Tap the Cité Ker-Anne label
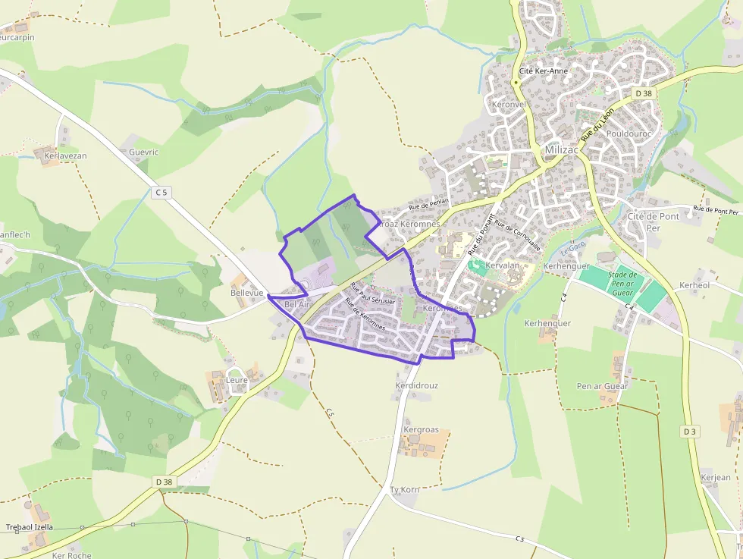click(x=543, y=71)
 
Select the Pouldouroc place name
click(x=629, y=133)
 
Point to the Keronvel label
click(x=508, y=104)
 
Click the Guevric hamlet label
click(x=143, y=152)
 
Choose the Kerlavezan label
click(x=65, y=155)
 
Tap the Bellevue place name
click(x=246, y=293)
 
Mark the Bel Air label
click(x=298, y=304)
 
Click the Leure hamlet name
click(x=237, y=380)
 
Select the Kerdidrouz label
click(x=416, y=385)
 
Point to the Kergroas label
click(x=421, y=430)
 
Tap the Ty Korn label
click(x=404, y=490)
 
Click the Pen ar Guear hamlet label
click(x=603, y=386)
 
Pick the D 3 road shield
click(x=689, y=432)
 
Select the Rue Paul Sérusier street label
click(x=371, y=294)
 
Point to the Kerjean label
click(x=716, y=477)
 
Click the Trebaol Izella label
click(x=30, y=527)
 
